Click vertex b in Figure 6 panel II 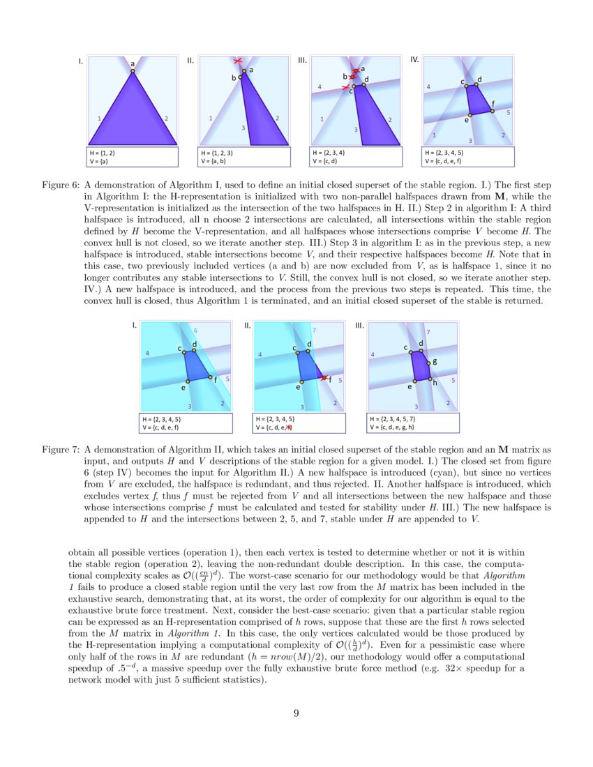240,77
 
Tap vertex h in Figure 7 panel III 430,379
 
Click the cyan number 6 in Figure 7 195,330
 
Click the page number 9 296,713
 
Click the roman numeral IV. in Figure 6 414,61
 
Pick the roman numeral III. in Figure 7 360,326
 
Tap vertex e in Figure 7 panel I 188,381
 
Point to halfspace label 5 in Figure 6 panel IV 508,112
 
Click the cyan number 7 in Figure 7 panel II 315,330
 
